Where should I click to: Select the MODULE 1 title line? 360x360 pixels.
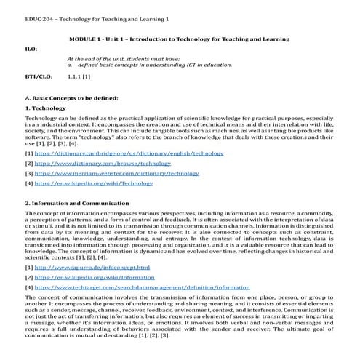[x=180, y=39]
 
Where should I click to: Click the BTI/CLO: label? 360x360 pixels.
[x=38, y=76]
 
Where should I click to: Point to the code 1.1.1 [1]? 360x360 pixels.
[x=79, y=76]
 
